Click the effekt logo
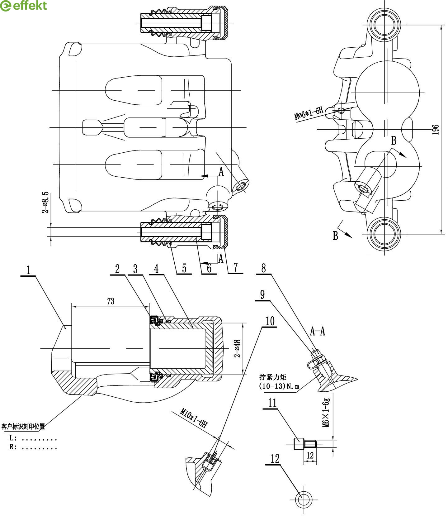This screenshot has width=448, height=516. click(24, 6)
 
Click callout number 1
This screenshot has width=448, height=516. click(29, 270)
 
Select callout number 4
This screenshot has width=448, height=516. click(157, 269)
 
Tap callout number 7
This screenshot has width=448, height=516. click(236, 267)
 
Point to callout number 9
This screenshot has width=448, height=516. click(262, 294)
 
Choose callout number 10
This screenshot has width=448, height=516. click(270, 321)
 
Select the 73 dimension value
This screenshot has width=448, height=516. click(111, 301)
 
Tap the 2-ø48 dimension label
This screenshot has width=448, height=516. click(237, 348)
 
